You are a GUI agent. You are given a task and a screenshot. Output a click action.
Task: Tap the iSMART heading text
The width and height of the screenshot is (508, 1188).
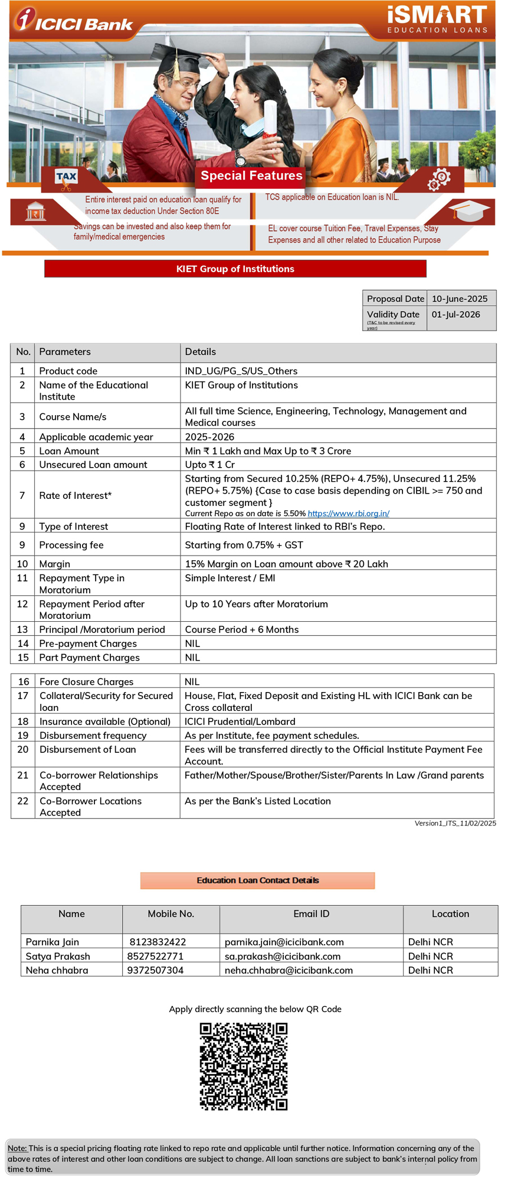click(x=437, y=15)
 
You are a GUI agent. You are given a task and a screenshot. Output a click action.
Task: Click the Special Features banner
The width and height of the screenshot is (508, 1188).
click(x=251, y=175)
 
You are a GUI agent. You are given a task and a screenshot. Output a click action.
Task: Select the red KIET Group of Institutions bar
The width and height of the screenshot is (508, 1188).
click(x=235, y=269)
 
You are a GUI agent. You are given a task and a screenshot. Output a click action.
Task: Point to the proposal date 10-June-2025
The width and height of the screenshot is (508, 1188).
click(x=459, y=299)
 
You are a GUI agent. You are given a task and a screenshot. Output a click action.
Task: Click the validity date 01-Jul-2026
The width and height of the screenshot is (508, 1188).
click(x=455, y=314)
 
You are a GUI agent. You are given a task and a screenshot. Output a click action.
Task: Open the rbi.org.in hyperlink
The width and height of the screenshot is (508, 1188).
click(x=348, y=514)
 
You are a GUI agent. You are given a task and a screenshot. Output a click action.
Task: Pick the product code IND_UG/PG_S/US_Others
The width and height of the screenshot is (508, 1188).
click(x=241, y=371)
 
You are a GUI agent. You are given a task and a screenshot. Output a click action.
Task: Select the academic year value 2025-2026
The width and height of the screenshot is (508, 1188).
click(x=209, y=437)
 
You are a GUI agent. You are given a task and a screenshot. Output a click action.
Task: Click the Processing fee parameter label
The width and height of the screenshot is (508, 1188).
click(x=71, y=545)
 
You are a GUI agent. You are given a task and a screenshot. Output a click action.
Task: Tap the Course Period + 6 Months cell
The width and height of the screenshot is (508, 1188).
click(x=241, y=629)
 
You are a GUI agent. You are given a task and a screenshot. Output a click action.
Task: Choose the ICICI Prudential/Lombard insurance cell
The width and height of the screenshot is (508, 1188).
click(x=240, y=722)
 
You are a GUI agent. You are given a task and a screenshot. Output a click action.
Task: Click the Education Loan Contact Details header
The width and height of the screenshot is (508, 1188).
click(x=257, y=880)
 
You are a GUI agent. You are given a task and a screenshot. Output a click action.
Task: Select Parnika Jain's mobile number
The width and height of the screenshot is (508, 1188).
click(x=158, y=942)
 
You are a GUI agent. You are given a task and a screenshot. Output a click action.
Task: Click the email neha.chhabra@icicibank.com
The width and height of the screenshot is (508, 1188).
click(x=289, y=970)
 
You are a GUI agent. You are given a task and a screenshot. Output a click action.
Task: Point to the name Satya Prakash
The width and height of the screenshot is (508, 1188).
click(x=58, y=956)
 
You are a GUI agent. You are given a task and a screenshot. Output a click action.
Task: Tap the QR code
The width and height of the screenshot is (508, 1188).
click(x=243, y=1066)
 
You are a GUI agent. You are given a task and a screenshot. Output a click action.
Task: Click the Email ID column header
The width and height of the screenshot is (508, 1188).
click(x=311, y=914)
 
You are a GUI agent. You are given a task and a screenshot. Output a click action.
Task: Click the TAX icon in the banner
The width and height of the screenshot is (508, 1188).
click(x=66, y=177)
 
